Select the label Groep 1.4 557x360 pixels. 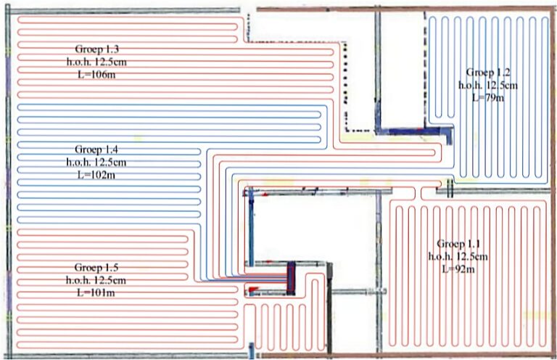[96, 150]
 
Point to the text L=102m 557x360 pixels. [96, 174]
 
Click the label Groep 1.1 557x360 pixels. [458, 242]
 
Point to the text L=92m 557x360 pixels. [458, 268]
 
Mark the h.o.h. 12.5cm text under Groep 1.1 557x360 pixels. [458, 255]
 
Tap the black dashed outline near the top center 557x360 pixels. [344, 87]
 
